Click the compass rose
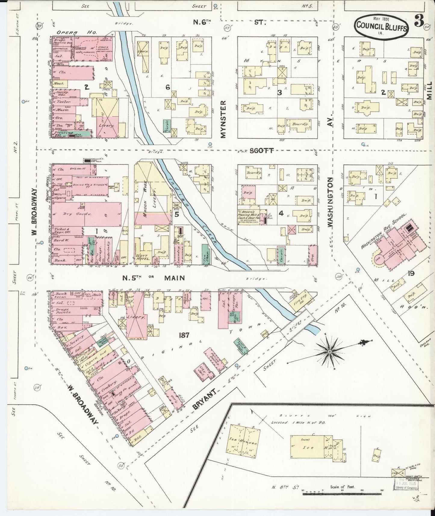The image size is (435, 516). (x=330, y=351)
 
